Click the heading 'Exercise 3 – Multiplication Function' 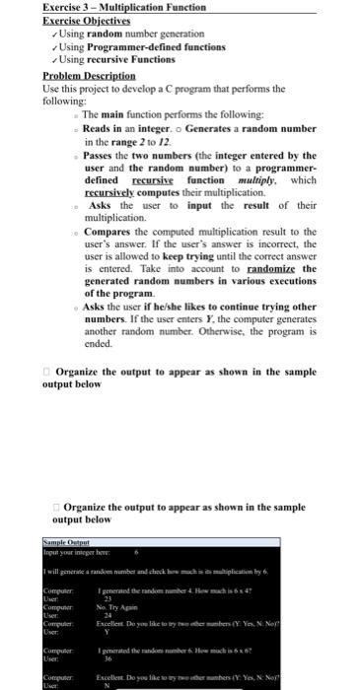point(124,7)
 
